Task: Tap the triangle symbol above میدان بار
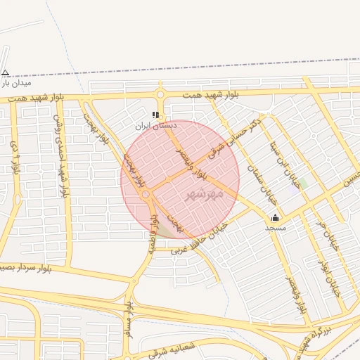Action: pyautogui.click(x=6, y=72)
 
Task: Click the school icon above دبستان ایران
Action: pyautogui.click(x=156, y=115)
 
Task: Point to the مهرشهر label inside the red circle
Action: pyautogui.click(x=204, y=193)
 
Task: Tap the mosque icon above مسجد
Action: pyautogui.click(x=275, y=217)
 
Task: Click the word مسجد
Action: pyautogui.click(x=275, y=228)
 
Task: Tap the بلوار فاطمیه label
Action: pyautogui.click(x=153, y=233)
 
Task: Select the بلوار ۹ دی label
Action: pyautogui.click(x=15, y=158)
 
